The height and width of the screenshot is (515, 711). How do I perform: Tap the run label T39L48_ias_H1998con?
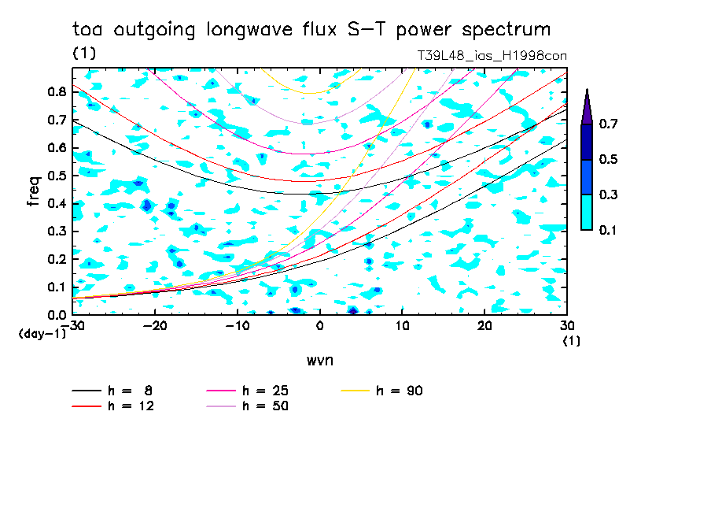pos(492,56)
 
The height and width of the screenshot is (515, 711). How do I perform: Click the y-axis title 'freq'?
pos(33,191)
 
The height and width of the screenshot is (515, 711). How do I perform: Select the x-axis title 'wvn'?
pos(319,361)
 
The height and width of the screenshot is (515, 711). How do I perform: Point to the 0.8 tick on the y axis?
pos(56,91)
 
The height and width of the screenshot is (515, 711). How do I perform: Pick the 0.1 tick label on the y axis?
pos(56,287)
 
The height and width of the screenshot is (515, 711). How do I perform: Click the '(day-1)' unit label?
pos(42,334)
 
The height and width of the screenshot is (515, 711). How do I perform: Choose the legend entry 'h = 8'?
pos(113,391)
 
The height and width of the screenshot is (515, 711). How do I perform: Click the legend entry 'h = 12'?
pos(113,406)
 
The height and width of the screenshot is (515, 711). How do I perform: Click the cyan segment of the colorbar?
pos(587,212)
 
